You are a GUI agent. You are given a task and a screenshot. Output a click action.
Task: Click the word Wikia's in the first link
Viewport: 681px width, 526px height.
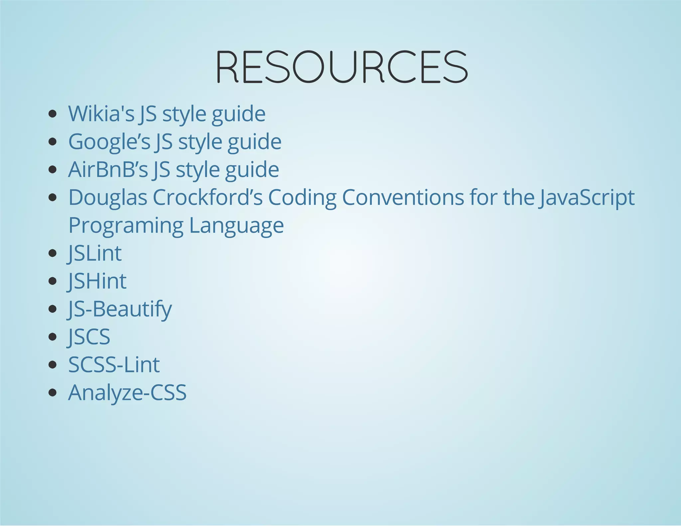pyautogui.click(x=101, y=114)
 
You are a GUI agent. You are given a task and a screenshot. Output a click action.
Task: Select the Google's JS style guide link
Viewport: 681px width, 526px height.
pyautogui.click(x=175, y=142)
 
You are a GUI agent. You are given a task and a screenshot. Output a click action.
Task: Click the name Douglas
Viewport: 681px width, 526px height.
pyautogui.click(x=108, y=197)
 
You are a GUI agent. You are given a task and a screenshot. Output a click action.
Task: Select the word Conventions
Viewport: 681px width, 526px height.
pyautogui.click(x=403, y=197)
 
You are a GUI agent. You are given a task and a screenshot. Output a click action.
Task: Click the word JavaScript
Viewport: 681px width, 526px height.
pyautogui.click(x=587, y=197)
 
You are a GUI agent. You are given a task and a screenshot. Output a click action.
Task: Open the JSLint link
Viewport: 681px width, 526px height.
pyautogui.click(x=95, y=254)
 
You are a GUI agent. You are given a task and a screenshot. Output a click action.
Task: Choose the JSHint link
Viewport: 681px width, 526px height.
pyautogui.click(x=97, y=281)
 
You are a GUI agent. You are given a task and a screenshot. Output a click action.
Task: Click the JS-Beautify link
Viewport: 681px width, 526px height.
pyautogui.click(x=120, y=309)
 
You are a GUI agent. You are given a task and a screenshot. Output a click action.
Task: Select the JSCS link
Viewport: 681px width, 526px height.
pyautogui.click(x=89, y=337)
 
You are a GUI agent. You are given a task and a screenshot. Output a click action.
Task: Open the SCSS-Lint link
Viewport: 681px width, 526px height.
pyautogui.click(x=114, y=365)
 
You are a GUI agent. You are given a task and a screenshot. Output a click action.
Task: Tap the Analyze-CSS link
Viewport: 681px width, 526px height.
pyautogui.click(x=127, y=393)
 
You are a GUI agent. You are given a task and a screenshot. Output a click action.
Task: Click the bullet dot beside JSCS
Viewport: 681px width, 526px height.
pyautogui.click(x=52, y=337)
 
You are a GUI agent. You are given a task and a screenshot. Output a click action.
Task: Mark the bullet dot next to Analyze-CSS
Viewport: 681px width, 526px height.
pyautogui.click(x=52, y=393)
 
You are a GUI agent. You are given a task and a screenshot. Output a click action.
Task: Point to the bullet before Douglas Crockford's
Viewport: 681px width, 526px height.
pyautogui.click(x=52, y=197)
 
